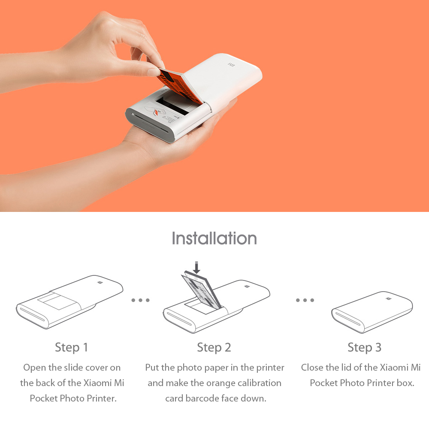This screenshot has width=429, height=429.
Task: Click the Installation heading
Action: click(214, 238)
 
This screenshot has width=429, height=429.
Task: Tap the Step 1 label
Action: click(71, 347)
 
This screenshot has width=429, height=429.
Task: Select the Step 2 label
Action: click(214, 347)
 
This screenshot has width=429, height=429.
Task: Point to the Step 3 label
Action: click(364, 347)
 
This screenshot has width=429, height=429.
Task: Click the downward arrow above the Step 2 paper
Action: click(196, 268)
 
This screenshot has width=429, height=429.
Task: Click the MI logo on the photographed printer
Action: click(231, 65)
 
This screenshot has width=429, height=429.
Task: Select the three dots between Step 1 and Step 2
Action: click(140, 300)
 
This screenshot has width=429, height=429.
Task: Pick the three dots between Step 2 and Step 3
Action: click(305, 300)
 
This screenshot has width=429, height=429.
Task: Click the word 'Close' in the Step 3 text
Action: click(313, 368)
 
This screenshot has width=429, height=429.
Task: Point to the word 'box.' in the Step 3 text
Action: click(405, 383)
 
